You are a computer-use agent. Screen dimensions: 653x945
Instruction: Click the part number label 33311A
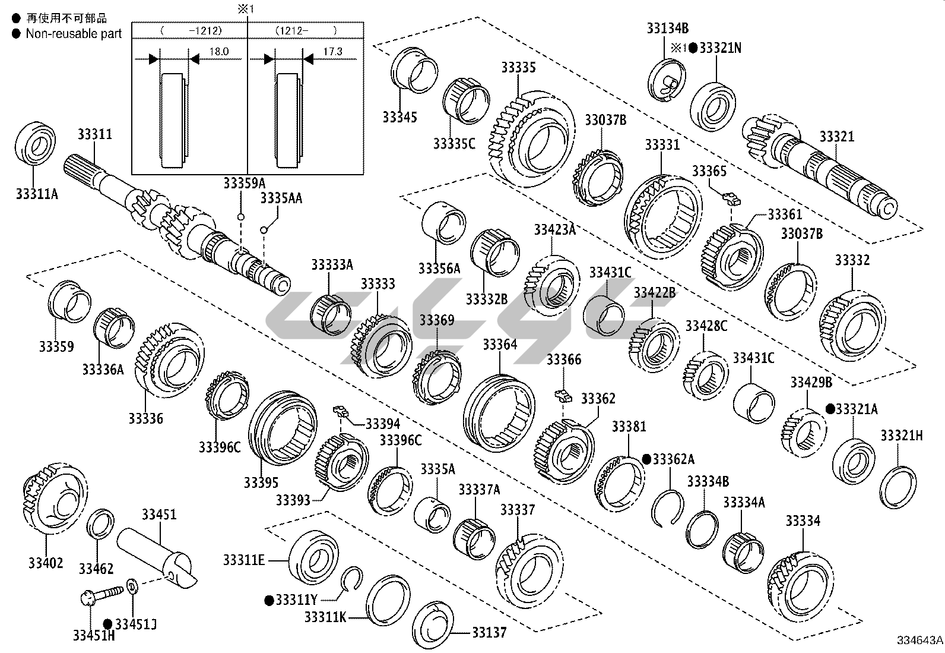37,193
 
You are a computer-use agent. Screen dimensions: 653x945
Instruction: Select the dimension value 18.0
218,52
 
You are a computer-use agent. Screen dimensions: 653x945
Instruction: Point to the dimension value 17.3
332,52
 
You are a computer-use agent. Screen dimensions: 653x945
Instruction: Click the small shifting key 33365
731,197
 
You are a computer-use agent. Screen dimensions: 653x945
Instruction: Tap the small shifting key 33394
340,410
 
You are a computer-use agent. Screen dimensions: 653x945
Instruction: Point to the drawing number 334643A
919,640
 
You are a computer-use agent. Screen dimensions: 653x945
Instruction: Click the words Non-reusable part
74,34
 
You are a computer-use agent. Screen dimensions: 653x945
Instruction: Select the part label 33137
490,632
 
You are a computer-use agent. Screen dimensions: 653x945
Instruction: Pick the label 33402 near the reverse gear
46,562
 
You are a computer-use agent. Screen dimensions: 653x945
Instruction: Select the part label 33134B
668,28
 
